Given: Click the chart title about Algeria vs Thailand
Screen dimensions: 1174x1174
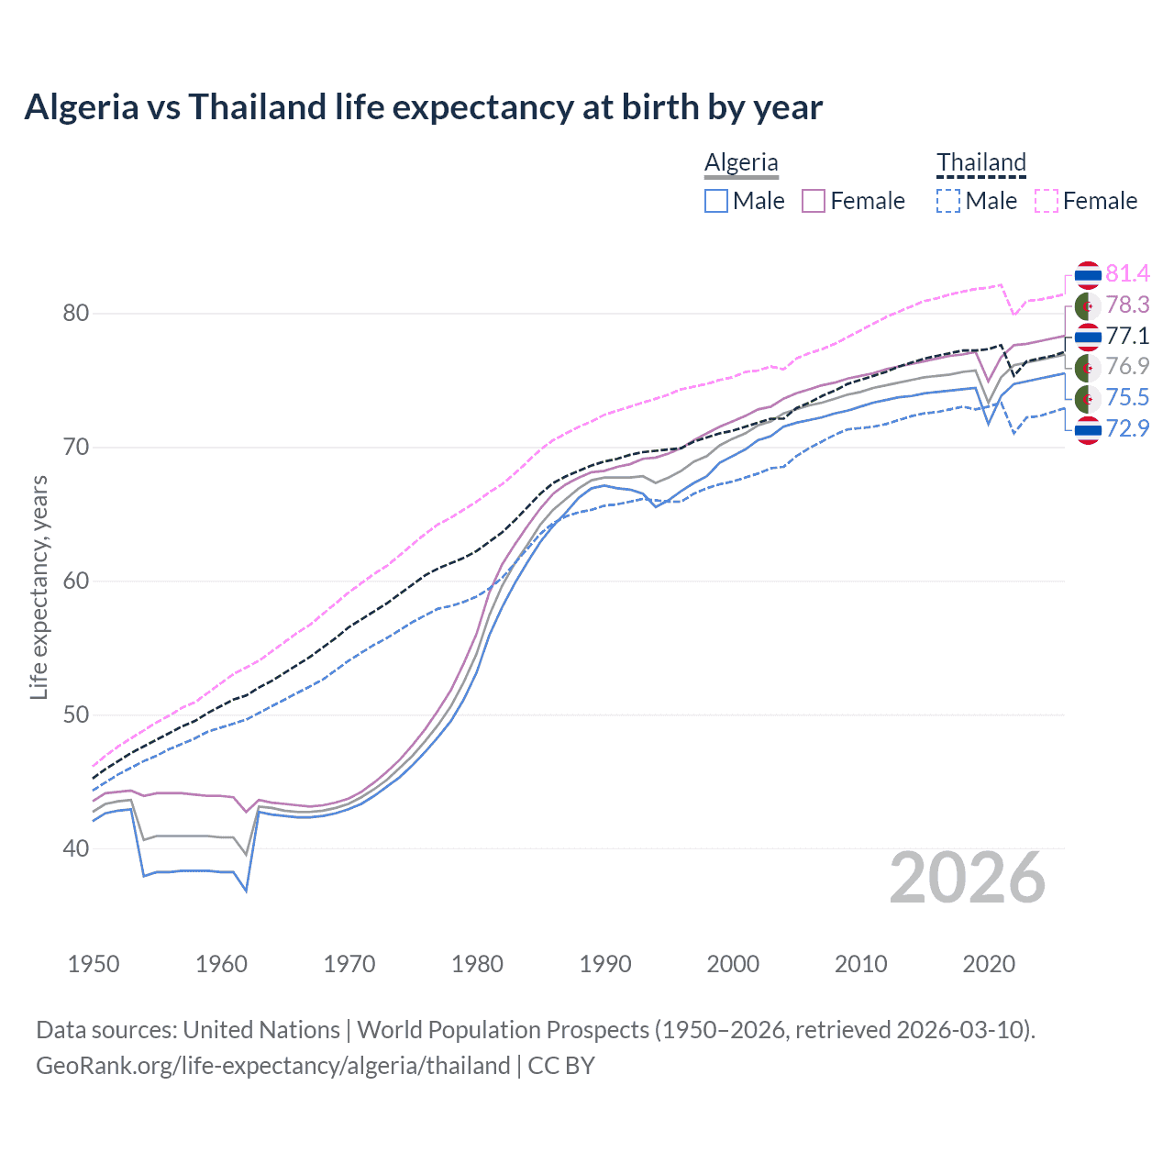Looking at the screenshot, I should [423, 107].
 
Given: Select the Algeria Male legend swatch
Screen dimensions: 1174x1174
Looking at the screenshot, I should [716, 201].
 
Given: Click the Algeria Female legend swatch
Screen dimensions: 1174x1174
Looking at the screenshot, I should [814, 201].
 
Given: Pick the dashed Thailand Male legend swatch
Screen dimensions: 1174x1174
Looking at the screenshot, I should [948, 201].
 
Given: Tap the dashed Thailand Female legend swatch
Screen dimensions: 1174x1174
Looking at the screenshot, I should [1047, 201].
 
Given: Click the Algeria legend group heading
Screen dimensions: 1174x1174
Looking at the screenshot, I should [741, 162].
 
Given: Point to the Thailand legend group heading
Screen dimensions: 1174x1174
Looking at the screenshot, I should [980, 162].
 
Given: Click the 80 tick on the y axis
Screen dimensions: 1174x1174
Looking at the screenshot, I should [76, 314].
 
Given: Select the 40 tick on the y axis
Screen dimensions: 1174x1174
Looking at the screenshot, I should [76, 849].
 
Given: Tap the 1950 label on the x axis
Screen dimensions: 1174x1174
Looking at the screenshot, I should [94, 964].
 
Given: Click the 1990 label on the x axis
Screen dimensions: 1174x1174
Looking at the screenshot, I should [605, 964].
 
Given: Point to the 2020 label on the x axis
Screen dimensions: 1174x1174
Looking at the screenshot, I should [989, 964].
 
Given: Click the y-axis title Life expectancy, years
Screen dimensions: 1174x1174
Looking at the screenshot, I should [39, 587].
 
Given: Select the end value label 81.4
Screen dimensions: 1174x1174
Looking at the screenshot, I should [1127, 273].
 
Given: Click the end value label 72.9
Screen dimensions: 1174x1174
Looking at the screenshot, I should [1127, 428].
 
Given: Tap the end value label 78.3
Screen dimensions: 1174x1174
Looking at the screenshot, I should [1127, 305].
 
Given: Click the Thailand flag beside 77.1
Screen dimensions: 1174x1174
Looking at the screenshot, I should [1088, 337].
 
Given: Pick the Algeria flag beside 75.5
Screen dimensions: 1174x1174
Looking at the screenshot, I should [1088, 398].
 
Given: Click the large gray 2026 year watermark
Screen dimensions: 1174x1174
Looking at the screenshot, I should [967, 878].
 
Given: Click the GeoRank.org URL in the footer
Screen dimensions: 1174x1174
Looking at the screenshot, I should [272, 1066].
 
